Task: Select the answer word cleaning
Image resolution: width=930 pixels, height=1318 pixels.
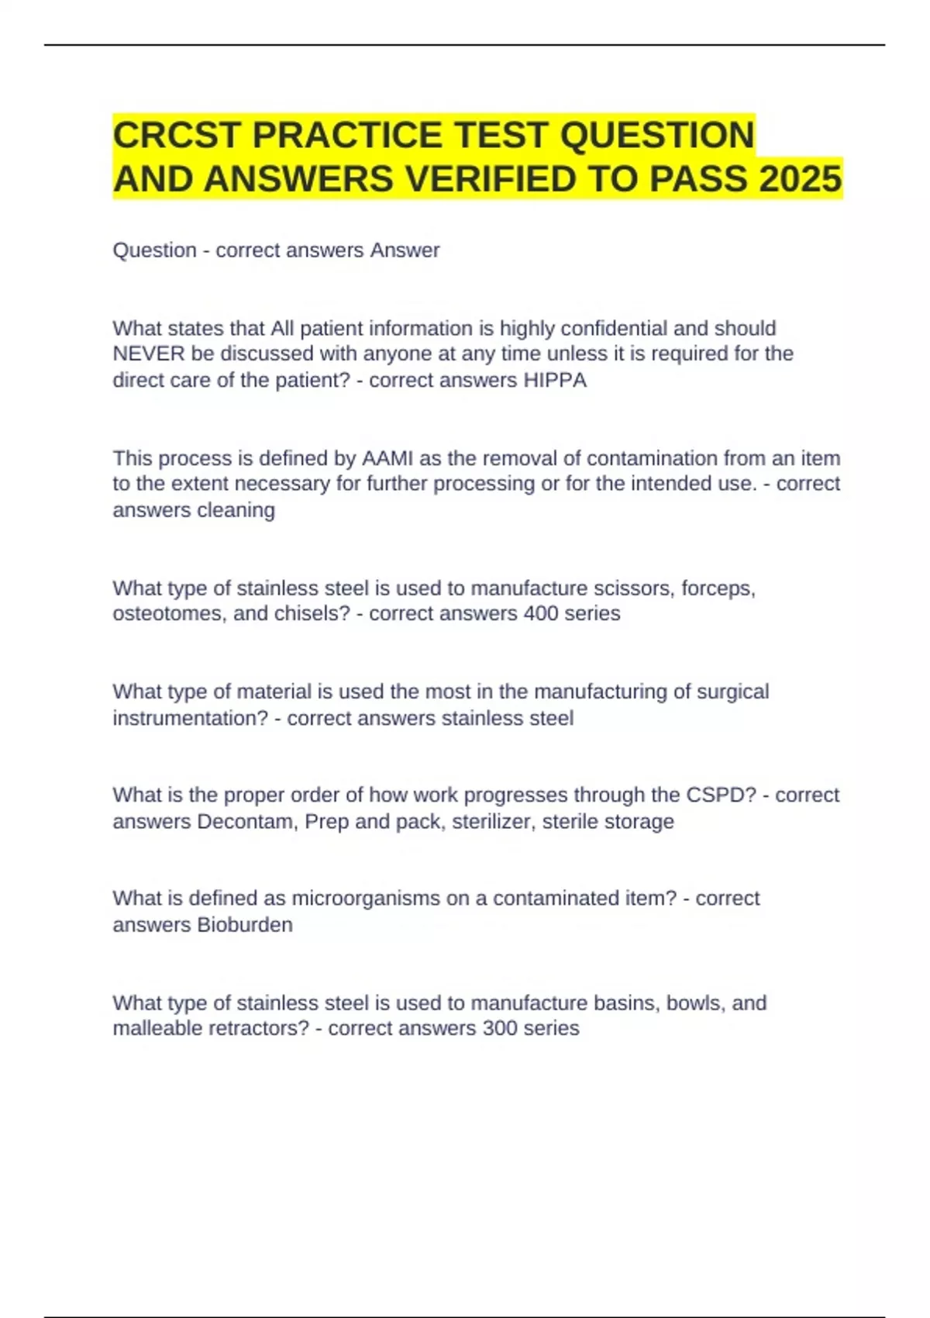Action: pyautogui.click(x=236, y=510)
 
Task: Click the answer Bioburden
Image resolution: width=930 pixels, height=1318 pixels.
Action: pyautogui.click(x=244, y=925)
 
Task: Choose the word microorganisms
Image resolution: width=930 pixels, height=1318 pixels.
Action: pyautogui.click(x=366, y=898)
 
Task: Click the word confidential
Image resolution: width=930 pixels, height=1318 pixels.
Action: pyautogui.click(x=603, y=328)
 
